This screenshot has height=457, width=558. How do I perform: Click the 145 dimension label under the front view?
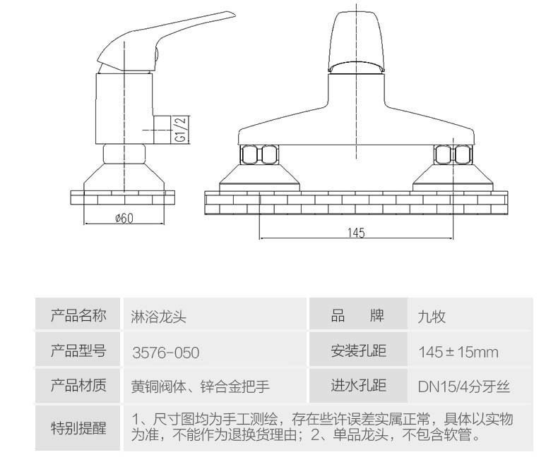pos(356,233)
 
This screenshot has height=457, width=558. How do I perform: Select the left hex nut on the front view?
pos(259,154)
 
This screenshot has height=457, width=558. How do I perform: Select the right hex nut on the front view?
pos(452,154)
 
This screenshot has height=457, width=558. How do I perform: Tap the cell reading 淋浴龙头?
pos(158,316)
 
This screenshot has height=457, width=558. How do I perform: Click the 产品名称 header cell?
pos(78,315)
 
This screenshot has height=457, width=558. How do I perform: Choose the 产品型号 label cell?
pos(78,351)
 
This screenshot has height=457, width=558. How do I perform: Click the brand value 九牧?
pos(432,317)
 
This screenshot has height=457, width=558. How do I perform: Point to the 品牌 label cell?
pos(357,315)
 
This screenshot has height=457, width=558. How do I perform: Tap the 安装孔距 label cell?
pos(358,351)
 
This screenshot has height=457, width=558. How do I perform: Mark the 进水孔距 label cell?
pos(358,385)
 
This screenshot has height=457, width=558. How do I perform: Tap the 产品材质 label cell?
pos(78,385)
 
